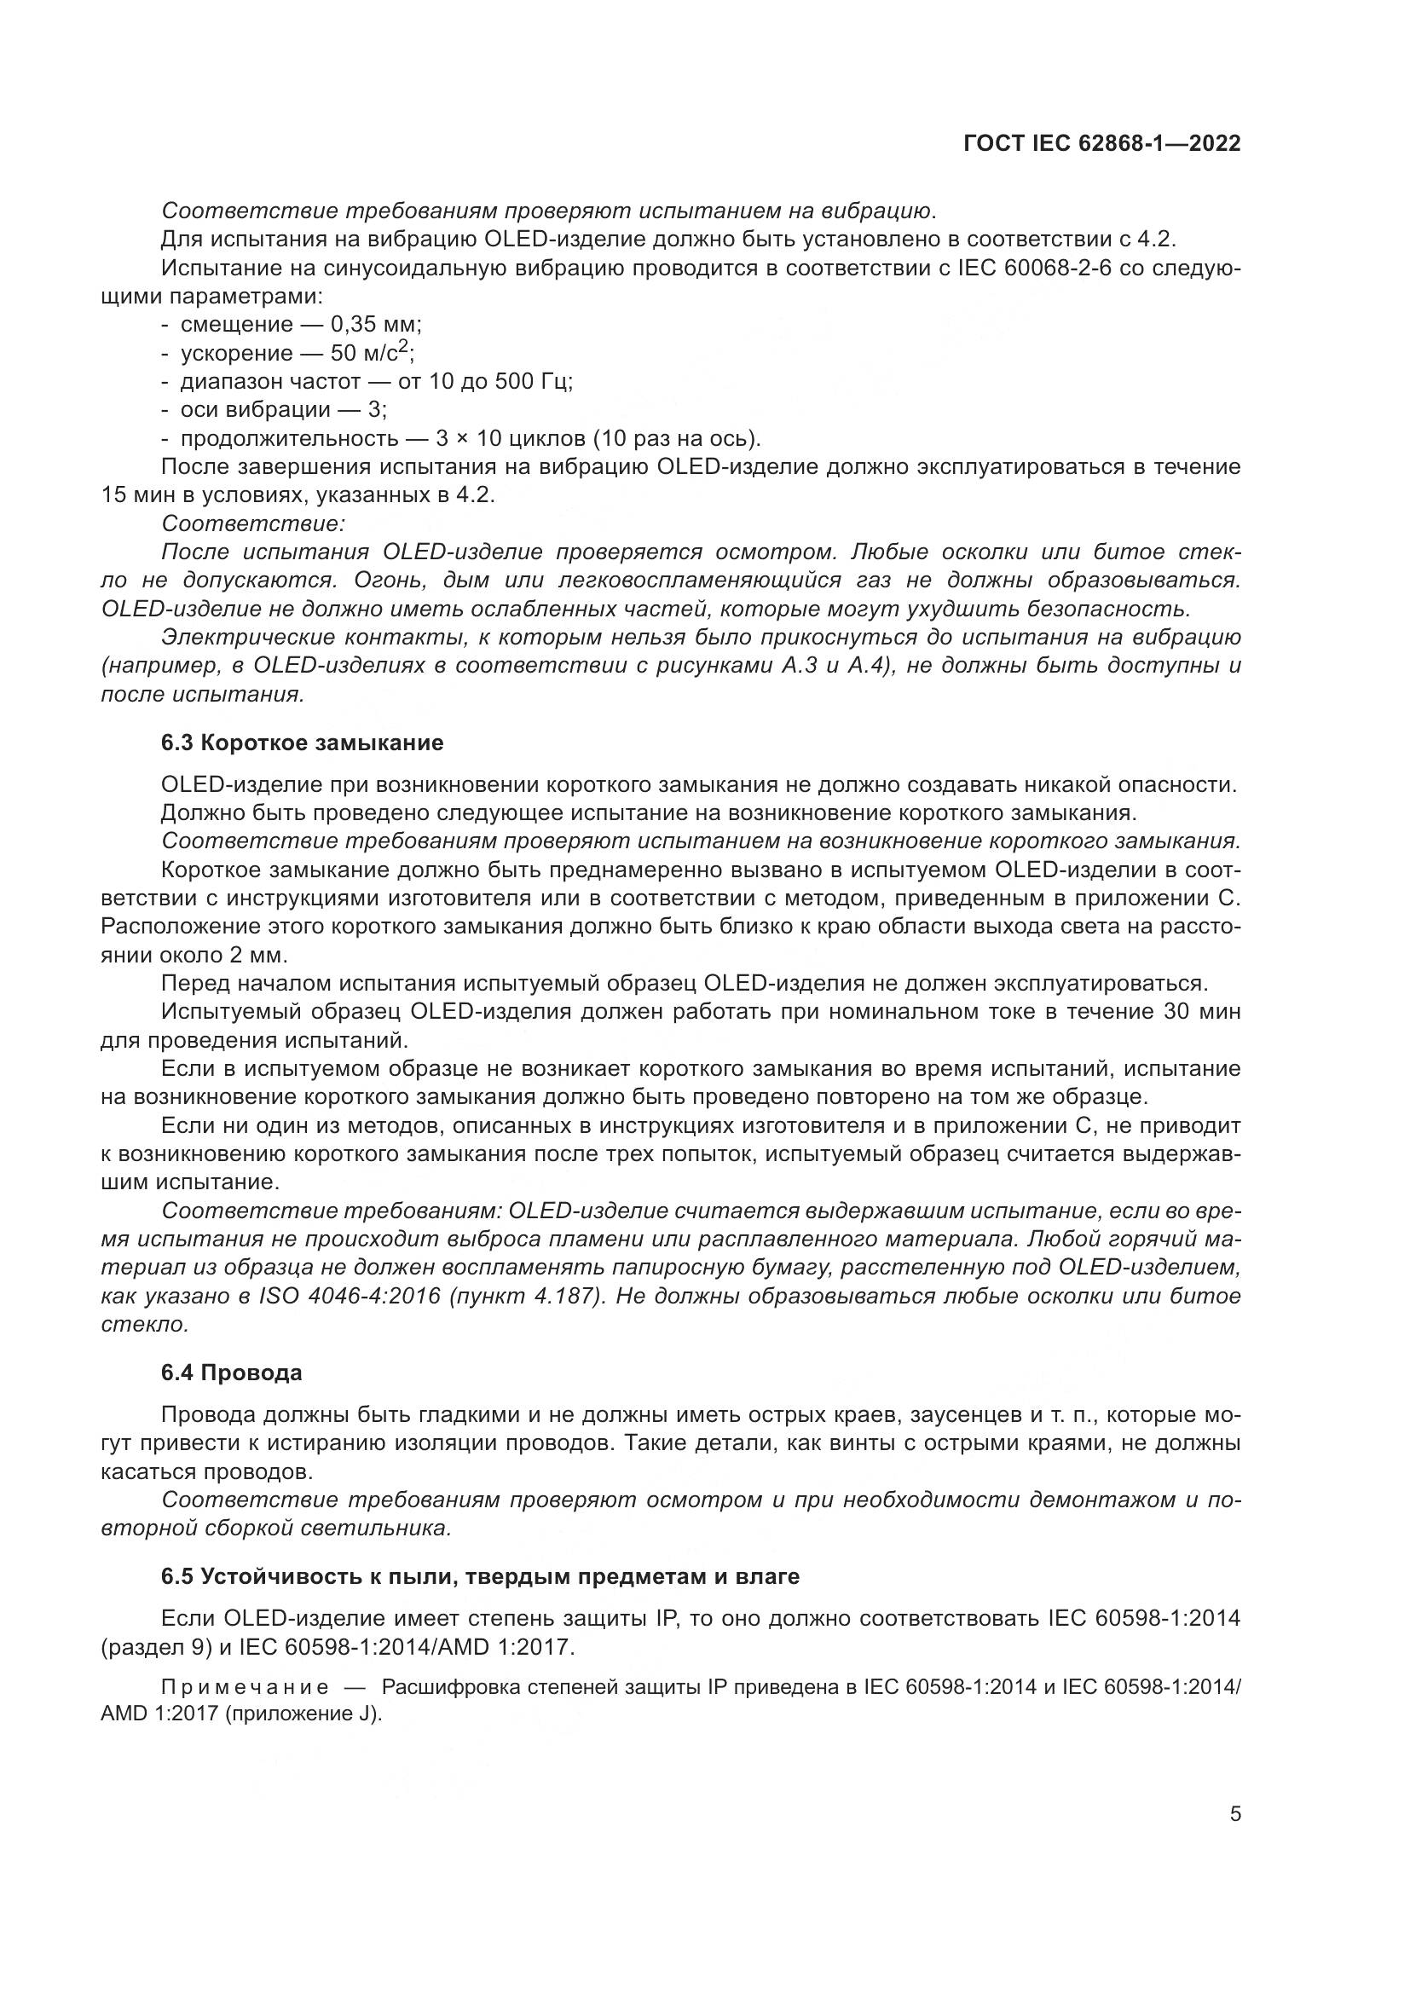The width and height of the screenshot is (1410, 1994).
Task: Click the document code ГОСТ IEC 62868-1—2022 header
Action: tap(1101, 144)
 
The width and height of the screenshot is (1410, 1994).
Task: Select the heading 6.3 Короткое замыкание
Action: tap(302, 743)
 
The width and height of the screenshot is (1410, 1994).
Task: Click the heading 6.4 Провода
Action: tap(232, 1373)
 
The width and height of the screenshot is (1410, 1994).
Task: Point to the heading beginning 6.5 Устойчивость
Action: tap(480, 1576)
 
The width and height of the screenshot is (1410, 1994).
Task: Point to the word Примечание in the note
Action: tap(245, 1687)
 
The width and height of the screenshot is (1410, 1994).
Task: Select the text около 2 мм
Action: tap(236, 956)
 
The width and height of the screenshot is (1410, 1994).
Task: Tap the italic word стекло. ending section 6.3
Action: tap(145, 1325)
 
